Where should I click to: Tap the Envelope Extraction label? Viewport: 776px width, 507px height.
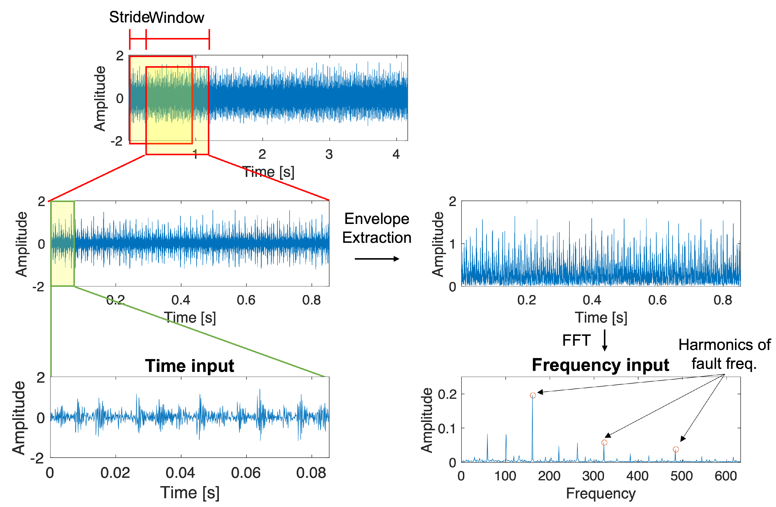(377, 228)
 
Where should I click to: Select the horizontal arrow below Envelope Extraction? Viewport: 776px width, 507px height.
(377, 259)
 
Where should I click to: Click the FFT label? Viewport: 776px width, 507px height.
(576, 340)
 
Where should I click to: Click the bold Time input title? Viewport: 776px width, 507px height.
(189, 366)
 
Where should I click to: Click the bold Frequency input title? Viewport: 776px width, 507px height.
(600, 365)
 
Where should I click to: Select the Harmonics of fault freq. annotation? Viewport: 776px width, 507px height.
(724, 354)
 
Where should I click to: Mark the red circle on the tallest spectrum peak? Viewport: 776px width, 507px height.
(533, 396)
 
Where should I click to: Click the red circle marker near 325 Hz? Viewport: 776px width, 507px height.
(604, 443)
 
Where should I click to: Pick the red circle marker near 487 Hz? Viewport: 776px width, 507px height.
(676, 450)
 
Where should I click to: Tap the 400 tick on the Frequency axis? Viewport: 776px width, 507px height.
(637, 476)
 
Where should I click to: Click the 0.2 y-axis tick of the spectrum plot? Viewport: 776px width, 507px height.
(447, 395)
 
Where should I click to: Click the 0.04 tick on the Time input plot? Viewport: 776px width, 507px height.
(180, 473)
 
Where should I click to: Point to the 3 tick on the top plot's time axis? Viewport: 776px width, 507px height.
(329, 154)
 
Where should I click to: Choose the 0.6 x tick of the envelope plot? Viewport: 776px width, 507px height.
(657, 300)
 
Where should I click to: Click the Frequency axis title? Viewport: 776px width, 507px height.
(601, 494)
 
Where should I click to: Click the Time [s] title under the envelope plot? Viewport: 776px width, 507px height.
(601, 318)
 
